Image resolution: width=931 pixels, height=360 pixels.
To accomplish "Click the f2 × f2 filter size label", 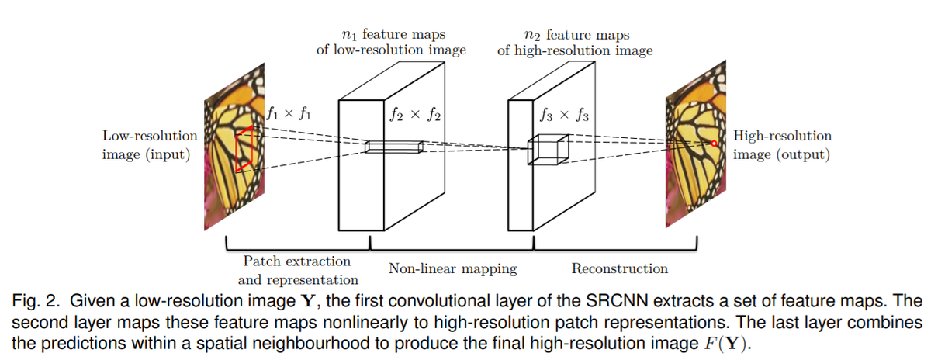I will click(414, 116).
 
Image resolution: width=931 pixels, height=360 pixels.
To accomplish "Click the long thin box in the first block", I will click(394, 147).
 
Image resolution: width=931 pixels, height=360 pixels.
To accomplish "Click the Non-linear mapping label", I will click(452, 269).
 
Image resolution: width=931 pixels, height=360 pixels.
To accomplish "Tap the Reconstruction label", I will click(619, 269).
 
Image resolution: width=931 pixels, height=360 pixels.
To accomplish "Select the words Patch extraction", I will click(296, 261).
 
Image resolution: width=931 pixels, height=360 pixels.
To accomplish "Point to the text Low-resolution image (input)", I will click(149, 145).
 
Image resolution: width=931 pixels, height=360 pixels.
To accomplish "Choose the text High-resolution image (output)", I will click(782, 145).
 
